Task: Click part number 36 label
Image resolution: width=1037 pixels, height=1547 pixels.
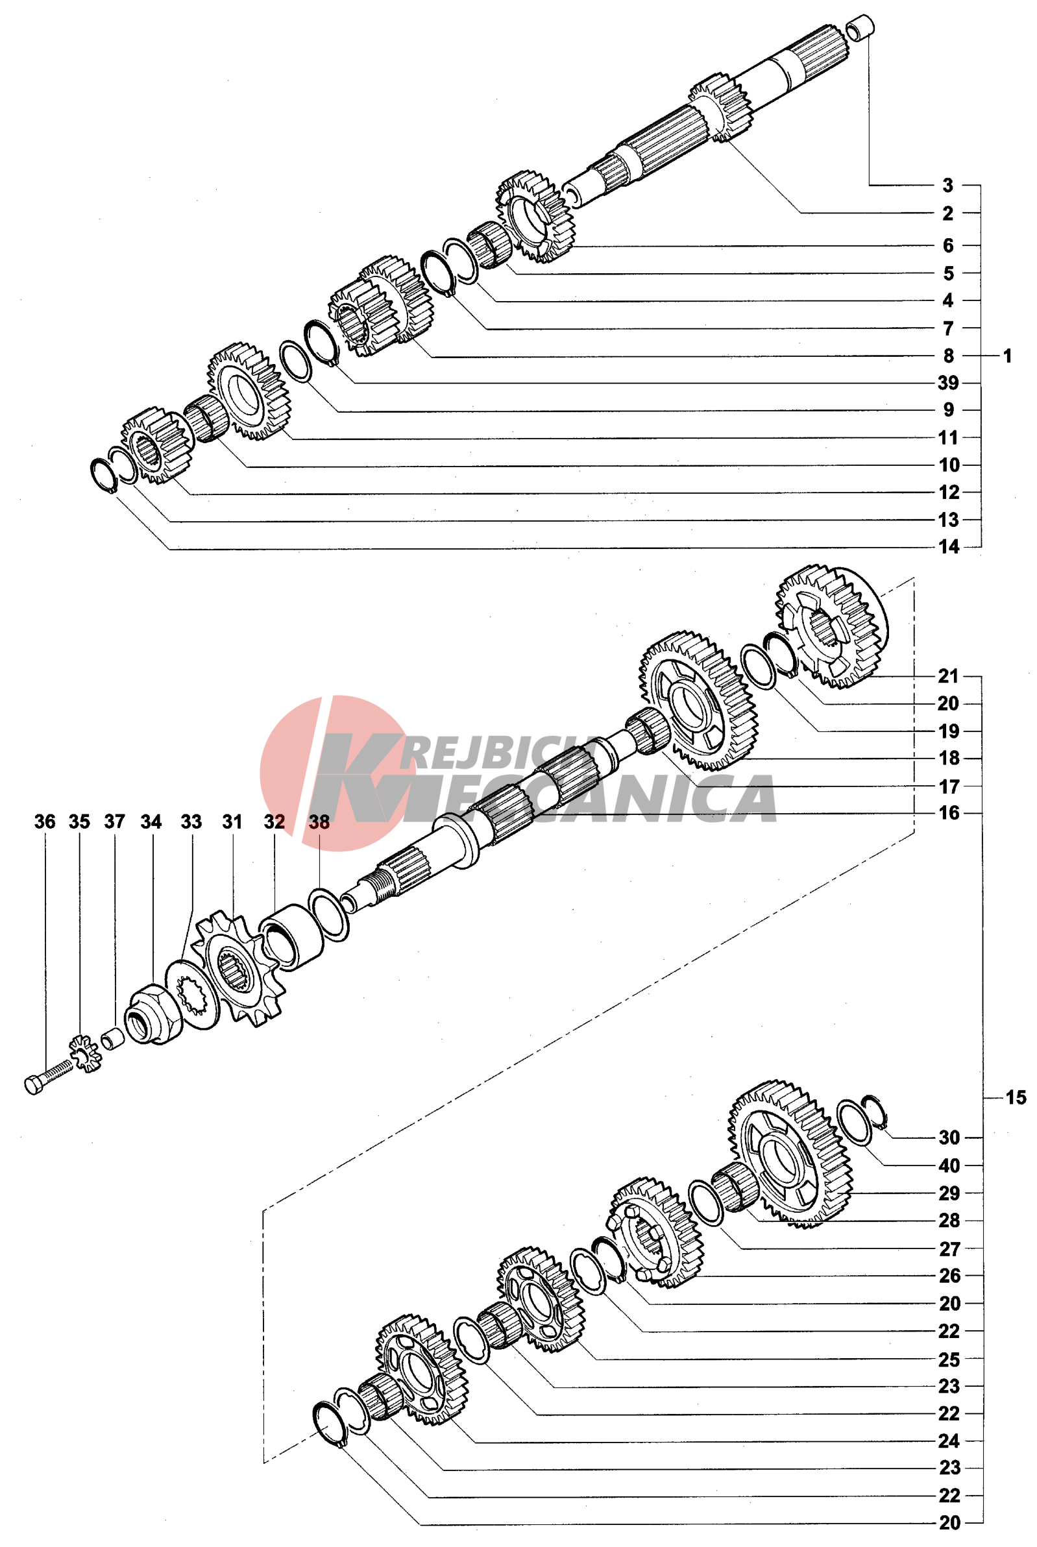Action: click(45, 822)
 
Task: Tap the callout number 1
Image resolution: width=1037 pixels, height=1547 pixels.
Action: click(1007, 356)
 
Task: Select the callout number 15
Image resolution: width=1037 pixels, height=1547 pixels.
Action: click(1016, 1097)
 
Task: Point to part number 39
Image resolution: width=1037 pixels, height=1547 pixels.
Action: click(948, 382)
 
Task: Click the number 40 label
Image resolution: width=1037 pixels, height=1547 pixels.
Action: click(949, 1165)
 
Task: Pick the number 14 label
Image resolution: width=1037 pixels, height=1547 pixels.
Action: click(949, 546)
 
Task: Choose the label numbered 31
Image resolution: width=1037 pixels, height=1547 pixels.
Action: click(232, 822)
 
